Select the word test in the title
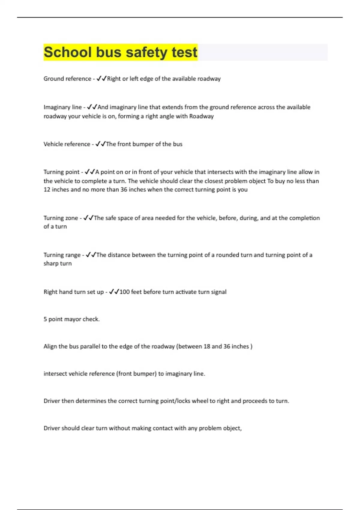click(184, 52)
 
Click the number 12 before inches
click(47, 190)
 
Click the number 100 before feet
click(124, 292)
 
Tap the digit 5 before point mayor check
click(45, 319)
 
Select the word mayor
click(73, 319)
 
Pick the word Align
click(50, 346)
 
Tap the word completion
click(304, 218)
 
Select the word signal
click(218, 292)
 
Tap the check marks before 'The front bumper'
click(100, 144)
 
